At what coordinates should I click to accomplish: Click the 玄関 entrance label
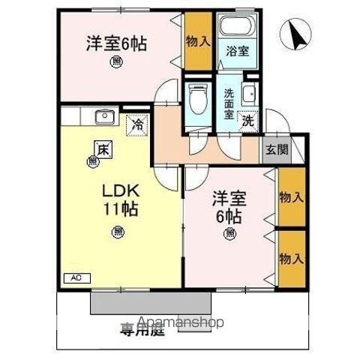click(274, 148)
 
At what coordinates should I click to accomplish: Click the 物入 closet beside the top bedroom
click(198, 41)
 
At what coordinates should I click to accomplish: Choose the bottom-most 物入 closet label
click(291, 257)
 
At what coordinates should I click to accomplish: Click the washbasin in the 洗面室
click(249, 94)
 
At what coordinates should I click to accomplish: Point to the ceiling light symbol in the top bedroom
click(116, 62)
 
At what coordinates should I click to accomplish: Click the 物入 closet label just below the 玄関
click(291, 197)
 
